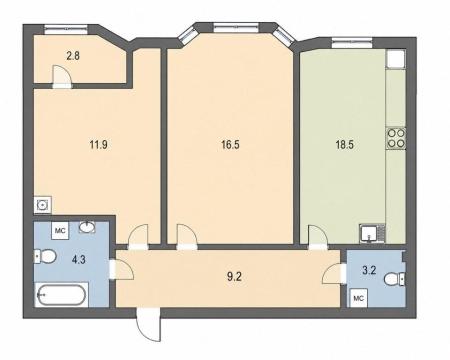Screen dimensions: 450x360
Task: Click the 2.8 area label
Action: point(73,56)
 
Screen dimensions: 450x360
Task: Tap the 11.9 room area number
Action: point(98,145)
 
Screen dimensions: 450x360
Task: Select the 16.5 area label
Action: point(230,145)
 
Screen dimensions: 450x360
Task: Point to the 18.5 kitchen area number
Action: point(344,145)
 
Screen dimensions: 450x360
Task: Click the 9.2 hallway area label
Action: point(234,277)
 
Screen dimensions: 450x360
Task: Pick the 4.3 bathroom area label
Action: point(79,259)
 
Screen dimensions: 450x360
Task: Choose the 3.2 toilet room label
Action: point(369,270)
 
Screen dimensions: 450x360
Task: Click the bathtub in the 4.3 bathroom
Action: point(61,295)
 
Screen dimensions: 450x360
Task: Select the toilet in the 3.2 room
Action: point(395,279)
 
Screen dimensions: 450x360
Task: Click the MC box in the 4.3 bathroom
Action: point(60,231)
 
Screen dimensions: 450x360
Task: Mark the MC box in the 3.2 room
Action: point(358,299)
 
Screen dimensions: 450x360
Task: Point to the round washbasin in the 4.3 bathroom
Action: point(87,228)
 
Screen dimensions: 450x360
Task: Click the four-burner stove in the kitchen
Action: point(396,138)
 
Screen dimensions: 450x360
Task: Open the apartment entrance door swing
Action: point(148,325)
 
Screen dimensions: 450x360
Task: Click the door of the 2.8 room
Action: point(62,76)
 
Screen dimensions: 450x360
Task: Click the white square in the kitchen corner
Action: point(396,59)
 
